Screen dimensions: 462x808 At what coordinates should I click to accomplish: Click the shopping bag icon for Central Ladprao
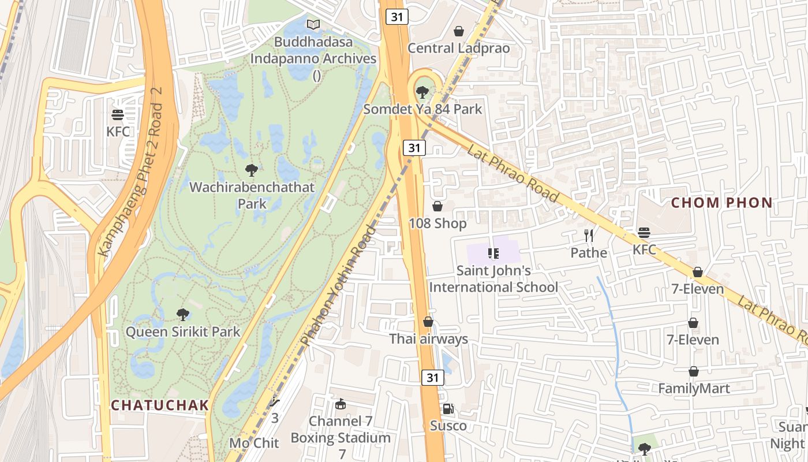coord(459,31)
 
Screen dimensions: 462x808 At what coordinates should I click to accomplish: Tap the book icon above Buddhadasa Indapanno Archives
coord(313,25)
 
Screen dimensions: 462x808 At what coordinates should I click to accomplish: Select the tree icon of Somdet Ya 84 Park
coord(422,92)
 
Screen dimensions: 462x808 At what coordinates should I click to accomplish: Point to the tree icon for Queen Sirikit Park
coord(183,315)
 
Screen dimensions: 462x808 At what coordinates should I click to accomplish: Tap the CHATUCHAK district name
coord(160,405)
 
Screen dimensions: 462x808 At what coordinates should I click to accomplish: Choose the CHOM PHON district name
coord(722,203)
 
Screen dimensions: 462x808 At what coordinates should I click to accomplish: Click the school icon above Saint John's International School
coord(493,253)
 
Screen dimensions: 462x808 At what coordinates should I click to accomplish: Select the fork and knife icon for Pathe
coord(589,235)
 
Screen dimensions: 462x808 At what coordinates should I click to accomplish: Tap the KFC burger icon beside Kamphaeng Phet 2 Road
coord(118,114)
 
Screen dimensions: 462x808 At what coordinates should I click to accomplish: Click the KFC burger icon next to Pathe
coord(644,233)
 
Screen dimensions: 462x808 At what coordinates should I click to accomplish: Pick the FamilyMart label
coord(694,389)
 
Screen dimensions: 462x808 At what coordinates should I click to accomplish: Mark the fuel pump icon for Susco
coord(448,409)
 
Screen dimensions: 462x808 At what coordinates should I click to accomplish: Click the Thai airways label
coord(428,339)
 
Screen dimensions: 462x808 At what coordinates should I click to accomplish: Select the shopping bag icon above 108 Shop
coord(437,206)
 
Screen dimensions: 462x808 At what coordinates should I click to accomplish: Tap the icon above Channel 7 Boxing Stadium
coord(341,404)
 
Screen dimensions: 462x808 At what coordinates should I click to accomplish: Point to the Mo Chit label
coord(254,443)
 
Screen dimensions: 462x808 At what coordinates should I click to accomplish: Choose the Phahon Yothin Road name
coord(339,286)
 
